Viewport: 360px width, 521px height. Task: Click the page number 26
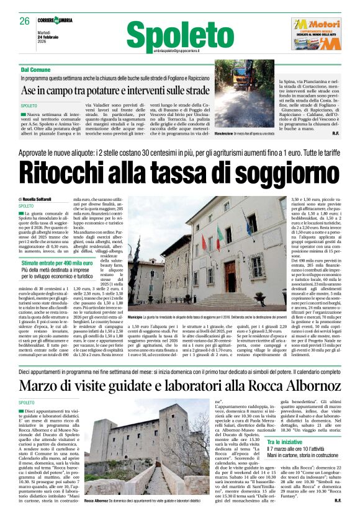click(24, 21)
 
